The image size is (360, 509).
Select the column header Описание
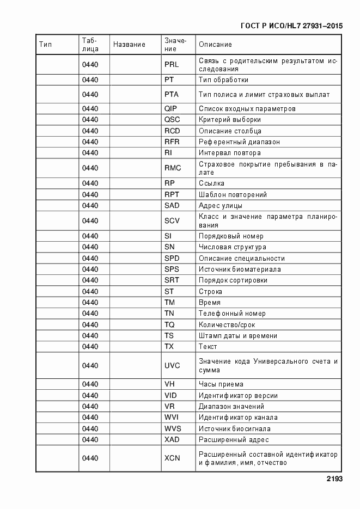coord(215,45)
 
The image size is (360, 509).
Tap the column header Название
coord(129,45)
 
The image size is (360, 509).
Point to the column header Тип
coord(46,45)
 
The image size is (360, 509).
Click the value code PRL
coord(172,65)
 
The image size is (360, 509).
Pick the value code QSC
coord(172,120)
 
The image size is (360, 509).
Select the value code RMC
coord(172,168)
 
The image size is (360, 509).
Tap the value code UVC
coord(172,365)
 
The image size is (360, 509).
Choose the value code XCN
coord(172,458)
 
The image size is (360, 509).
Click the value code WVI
coord(172,418)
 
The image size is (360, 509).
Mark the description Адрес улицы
coord(221,206)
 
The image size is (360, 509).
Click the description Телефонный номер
coord(232,314)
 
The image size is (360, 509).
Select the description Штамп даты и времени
coord(238,336)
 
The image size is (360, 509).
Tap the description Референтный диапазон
coord(239,142)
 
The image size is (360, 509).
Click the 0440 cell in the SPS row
coord(90,269)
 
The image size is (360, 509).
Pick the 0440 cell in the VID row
coord(90,396)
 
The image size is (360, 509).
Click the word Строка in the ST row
coord(210,292)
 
